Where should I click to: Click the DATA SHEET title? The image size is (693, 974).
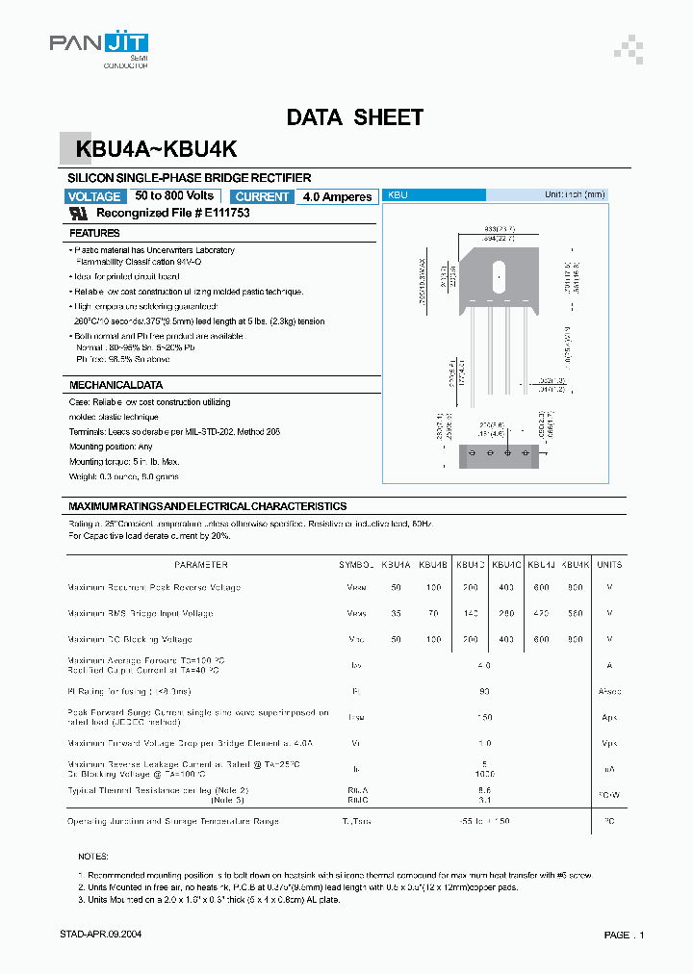tap(354, 117)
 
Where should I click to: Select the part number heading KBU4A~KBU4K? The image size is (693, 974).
tap(151, 150)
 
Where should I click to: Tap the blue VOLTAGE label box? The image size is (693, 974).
tap(94, 196)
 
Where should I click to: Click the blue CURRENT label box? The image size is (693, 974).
tap(262, 196)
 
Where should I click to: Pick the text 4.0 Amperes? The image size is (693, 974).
tap(336, 196)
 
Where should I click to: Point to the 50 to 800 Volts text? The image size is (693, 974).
tap(174, 195)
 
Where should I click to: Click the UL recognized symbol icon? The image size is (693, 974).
tap(81, 214)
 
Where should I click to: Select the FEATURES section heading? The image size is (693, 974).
tap(94, 233)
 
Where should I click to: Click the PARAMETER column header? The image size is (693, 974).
tap(200, 565)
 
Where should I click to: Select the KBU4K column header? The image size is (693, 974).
tap(575, 565)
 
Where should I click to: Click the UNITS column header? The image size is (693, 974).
tap(609, 565)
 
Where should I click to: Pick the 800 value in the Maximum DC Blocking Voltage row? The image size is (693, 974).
tap(575, 639)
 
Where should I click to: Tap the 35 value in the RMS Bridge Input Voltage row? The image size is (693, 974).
tap(396, 613)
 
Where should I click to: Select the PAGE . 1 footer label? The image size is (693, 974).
tap(624, 935)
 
